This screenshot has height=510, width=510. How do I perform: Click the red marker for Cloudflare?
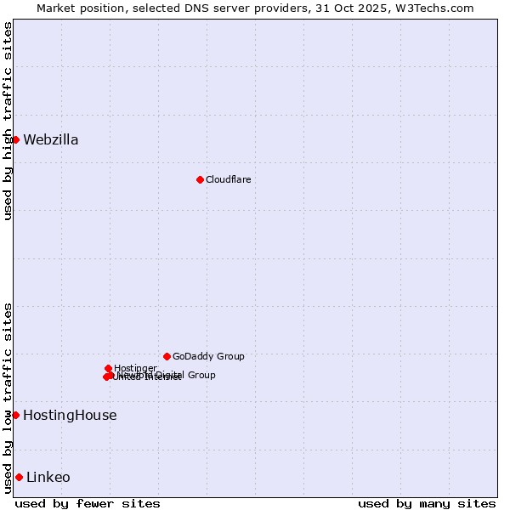click(200, 179)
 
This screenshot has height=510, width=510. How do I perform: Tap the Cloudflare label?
click(228, 179)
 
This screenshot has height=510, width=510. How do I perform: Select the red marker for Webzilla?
click(15, 139)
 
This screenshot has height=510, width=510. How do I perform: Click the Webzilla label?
click(51, 140)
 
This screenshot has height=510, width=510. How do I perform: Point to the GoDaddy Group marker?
click(167, 356)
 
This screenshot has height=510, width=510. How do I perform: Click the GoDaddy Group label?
click(208, 356)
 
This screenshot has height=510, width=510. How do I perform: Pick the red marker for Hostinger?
click(108, 368)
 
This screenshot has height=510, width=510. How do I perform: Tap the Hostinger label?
click(135, 368)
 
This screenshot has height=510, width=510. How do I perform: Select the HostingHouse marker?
click(15, 415)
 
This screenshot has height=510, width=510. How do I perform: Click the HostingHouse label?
click(70, 416)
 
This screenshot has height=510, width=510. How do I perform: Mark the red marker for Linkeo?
click(19, 477)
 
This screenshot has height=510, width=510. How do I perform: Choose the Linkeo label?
click(48, 478)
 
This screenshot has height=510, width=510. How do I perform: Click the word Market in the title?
click(56, 8)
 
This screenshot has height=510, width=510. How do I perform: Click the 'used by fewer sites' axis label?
click(88, 503)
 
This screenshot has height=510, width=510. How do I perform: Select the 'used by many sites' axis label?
click(427, 503)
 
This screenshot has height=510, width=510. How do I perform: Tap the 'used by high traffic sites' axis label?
click(8, 121)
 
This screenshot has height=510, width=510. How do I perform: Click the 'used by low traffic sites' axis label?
click(8, 398)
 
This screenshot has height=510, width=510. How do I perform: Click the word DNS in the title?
click(208, 8)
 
